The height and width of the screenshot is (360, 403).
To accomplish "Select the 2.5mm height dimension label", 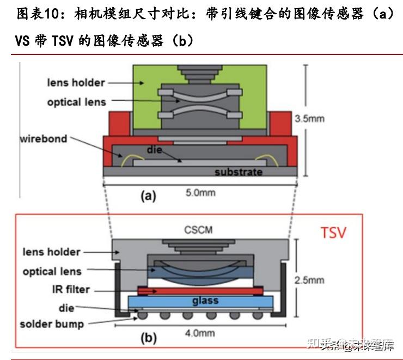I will pos(313,280).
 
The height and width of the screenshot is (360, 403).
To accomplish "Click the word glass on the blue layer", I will pos(205,301).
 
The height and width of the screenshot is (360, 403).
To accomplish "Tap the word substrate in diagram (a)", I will pos(238,172).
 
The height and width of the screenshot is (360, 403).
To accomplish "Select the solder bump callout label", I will pos(52,324).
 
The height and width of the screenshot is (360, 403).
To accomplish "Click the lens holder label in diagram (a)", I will pos(76,83).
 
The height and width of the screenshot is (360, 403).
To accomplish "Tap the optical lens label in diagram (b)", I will pos(52,271).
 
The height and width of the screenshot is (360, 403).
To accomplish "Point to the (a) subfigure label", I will pos(148,197).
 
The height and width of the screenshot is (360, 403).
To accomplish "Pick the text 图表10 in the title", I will pos(35,14).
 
